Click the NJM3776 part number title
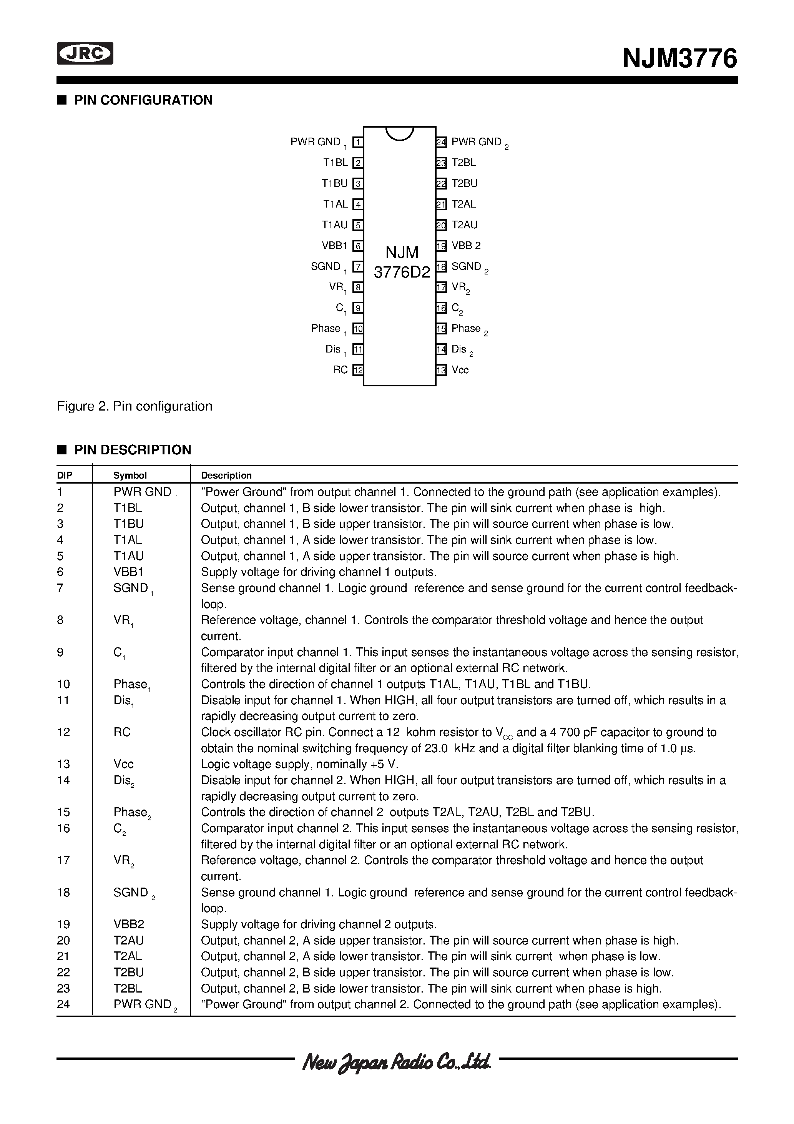pos(679,59)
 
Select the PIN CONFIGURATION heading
pos(143,100)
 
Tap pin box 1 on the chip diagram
pos(358,143)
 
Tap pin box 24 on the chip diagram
pos(441,143)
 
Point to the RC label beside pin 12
pos(340,370)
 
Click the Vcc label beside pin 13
pos(460,370)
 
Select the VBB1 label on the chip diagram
pos(335,246)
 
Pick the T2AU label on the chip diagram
pos(464,225)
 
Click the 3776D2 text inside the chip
pos(401,272)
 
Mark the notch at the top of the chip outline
pos(399,133)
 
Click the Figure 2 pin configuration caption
pos(135,406)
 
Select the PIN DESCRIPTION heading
pos(132,450)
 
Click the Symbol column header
pos(130,476)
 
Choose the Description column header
pos(226,476)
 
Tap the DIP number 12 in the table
pos(64,732)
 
